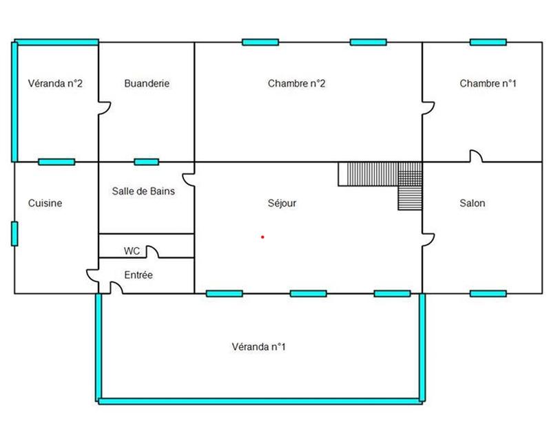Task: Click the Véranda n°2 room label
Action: [56, 84]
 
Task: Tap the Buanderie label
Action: [147, 84]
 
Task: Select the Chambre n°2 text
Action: [296, 84]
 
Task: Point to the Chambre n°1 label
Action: [488, 84]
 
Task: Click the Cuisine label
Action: [45, 203]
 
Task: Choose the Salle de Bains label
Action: [143, 191]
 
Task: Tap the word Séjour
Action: [282, 203]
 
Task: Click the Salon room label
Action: [472, 203]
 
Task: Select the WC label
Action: [132, 251]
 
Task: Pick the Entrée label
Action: [138, 275]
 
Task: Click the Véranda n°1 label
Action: [258, 347]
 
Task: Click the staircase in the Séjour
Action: [386, 179]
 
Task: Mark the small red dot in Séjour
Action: [262, 237]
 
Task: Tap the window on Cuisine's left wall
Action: [14, 233]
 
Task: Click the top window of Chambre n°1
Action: [488, 42]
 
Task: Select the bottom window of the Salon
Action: [488, 294]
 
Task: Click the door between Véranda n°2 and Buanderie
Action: [104, 108]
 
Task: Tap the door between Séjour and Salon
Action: [428, 239]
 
